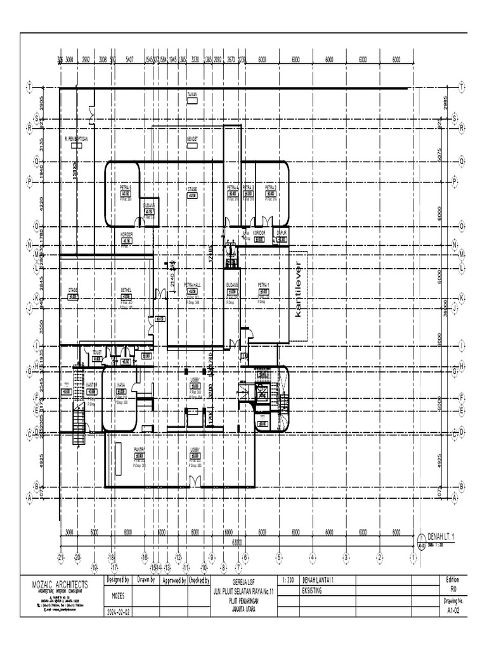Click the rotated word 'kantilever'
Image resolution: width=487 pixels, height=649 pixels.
point(297,289)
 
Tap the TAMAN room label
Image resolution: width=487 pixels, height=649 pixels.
point(193,94)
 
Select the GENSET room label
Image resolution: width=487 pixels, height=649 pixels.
point(192,138)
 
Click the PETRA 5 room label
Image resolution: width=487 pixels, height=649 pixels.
point(126,188)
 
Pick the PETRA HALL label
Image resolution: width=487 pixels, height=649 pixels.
point(192,285)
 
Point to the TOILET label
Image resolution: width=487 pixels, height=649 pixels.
point(98,351)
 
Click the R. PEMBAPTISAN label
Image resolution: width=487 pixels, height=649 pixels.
point(76,138)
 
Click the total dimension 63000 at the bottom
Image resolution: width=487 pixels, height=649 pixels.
point(238,543)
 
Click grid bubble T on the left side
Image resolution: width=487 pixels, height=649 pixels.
point(29,86)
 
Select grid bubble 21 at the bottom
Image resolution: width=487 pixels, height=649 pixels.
point(60,557)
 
